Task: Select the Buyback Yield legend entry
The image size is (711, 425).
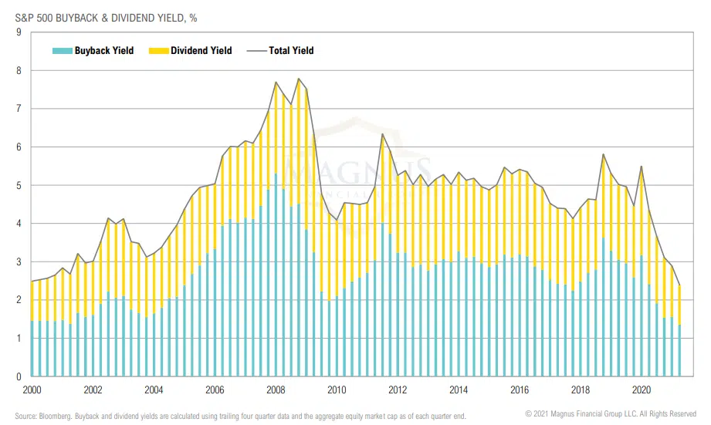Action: [x=103, y=51]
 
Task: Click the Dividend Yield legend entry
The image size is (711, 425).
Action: [x=198, y=51]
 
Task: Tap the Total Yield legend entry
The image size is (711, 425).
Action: [x=291, y=51]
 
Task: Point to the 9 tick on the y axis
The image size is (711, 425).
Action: [x=17, y=32]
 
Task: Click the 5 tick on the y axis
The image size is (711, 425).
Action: [x=17, y=185]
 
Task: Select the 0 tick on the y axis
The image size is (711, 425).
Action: [x=17, y=376]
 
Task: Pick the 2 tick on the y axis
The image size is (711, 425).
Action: [x=17, y=300]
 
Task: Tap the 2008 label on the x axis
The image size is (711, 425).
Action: [x=276, y=390]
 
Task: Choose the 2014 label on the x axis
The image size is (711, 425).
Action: [x=458, y=390]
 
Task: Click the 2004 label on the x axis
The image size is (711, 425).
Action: [x=154, y=390]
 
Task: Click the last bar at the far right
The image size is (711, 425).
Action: [x=679, y=332]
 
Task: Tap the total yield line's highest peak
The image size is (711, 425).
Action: [x=299, y=79]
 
